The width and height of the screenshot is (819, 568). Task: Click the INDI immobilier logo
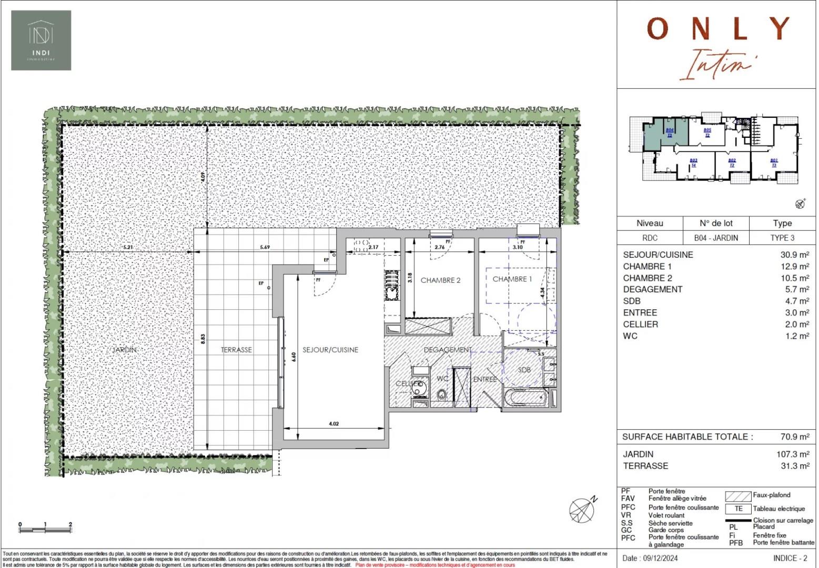point(41,40)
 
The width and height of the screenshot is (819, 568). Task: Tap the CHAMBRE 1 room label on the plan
point(512,279)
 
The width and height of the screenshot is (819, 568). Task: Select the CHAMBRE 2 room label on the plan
point(440,280)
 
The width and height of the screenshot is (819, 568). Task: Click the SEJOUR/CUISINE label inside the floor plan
point(330,350)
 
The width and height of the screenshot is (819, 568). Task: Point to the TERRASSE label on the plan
point(236,350)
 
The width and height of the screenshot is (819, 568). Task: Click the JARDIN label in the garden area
point(124,350)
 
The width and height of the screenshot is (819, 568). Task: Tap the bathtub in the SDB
point(527,398)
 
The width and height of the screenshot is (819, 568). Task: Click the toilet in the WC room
point(441,394)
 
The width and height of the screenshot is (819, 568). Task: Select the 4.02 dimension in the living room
point(333,423)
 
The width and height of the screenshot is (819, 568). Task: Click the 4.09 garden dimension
point(203,177)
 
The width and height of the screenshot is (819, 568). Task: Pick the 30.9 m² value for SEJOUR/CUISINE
point(794,255)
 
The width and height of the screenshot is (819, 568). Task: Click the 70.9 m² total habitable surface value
point(794,437)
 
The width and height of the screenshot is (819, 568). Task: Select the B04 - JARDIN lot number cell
point(715,238)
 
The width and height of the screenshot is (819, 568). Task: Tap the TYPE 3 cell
point(782,238)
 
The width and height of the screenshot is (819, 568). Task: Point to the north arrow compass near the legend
point(583,509)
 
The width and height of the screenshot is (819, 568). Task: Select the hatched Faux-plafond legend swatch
point(737,496)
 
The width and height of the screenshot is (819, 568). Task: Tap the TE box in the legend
point(738,509)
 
